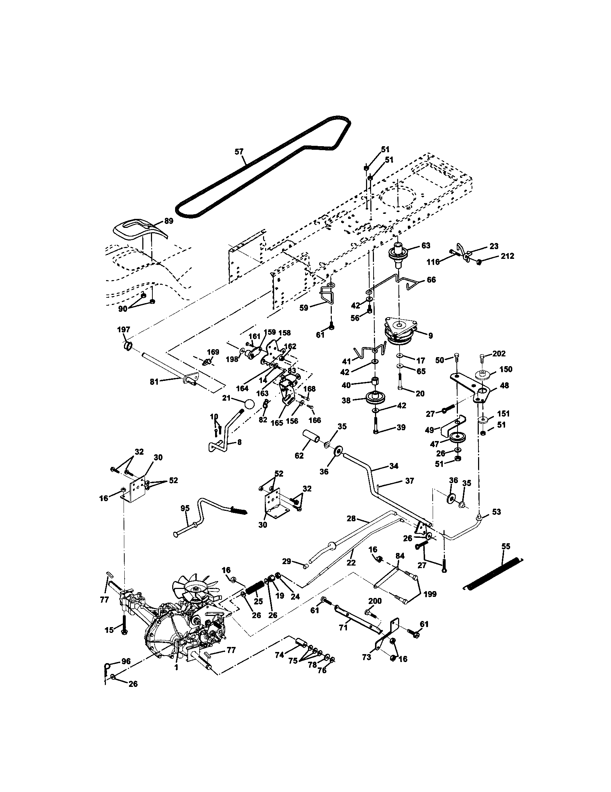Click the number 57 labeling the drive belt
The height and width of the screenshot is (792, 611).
coord(239,152)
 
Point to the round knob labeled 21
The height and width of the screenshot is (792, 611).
coord(249,404)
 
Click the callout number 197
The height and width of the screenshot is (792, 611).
coord(123,330)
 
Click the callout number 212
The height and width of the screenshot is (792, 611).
coord(507,256)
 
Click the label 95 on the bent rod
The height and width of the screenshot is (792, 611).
coord(185,508)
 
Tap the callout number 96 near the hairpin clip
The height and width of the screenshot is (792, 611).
coord(125,661)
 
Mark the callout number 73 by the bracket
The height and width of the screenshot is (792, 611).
coord(366,657)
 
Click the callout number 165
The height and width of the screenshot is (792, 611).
coord(277,423)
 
